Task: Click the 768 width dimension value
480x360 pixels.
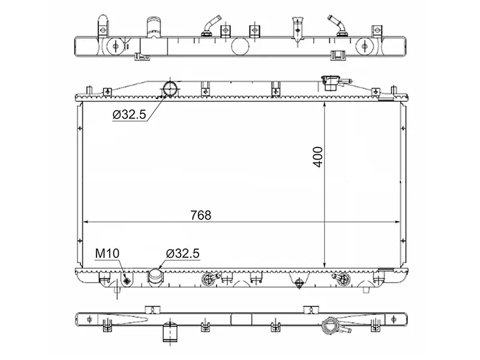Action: [x=201, y=215]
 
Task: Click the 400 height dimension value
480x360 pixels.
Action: [x=318, y=157]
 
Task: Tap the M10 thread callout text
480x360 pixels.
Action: [x=107, y=253]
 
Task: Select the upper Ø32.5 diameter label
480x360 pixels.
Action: [x=129, y=115]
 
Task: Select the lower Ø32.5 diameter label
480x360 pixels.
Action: [x=183, y=253]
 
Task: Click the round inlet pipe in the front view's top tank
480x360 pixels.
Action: [x=170, y=88]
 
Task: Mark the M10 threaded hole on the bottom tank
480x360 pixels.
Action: [x=127, y=280]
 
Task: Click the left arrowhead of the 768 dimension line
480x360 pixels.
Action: [x=86, y=221]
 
